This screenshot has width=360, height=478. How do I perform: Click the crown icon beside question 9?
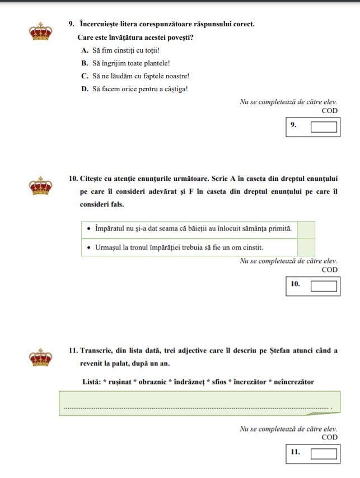coord(40,32)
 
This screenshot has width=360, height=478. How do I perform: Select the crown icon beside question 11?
coord(40,357)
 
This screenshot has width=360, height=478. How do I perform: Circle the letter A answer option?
coord(85,50)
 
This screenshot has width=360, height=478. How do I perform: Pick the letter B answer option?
coord(85,63)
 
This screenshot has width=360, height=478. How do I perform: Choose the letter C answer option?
coord(85,76)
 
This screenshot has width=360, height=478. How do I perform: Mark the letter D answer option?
coord(85,89)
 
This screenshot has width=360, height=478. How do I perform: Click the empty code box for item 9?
coord(324,126)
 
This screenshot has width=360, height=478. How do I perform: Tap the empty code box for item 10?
coord(324,286)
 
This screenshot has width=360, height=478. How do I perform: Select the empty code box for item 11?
coord(324,453)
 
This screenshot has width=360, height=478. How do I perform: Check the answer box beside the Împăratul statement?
coord(306,229)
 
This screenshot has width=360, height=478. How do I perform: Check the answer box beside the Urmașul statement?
coord(306,247)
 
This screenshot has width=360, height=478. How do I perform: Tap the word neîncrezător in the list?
coord(289,382)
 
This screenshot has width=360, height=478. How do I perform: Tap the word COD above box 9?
coord(329,111)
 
